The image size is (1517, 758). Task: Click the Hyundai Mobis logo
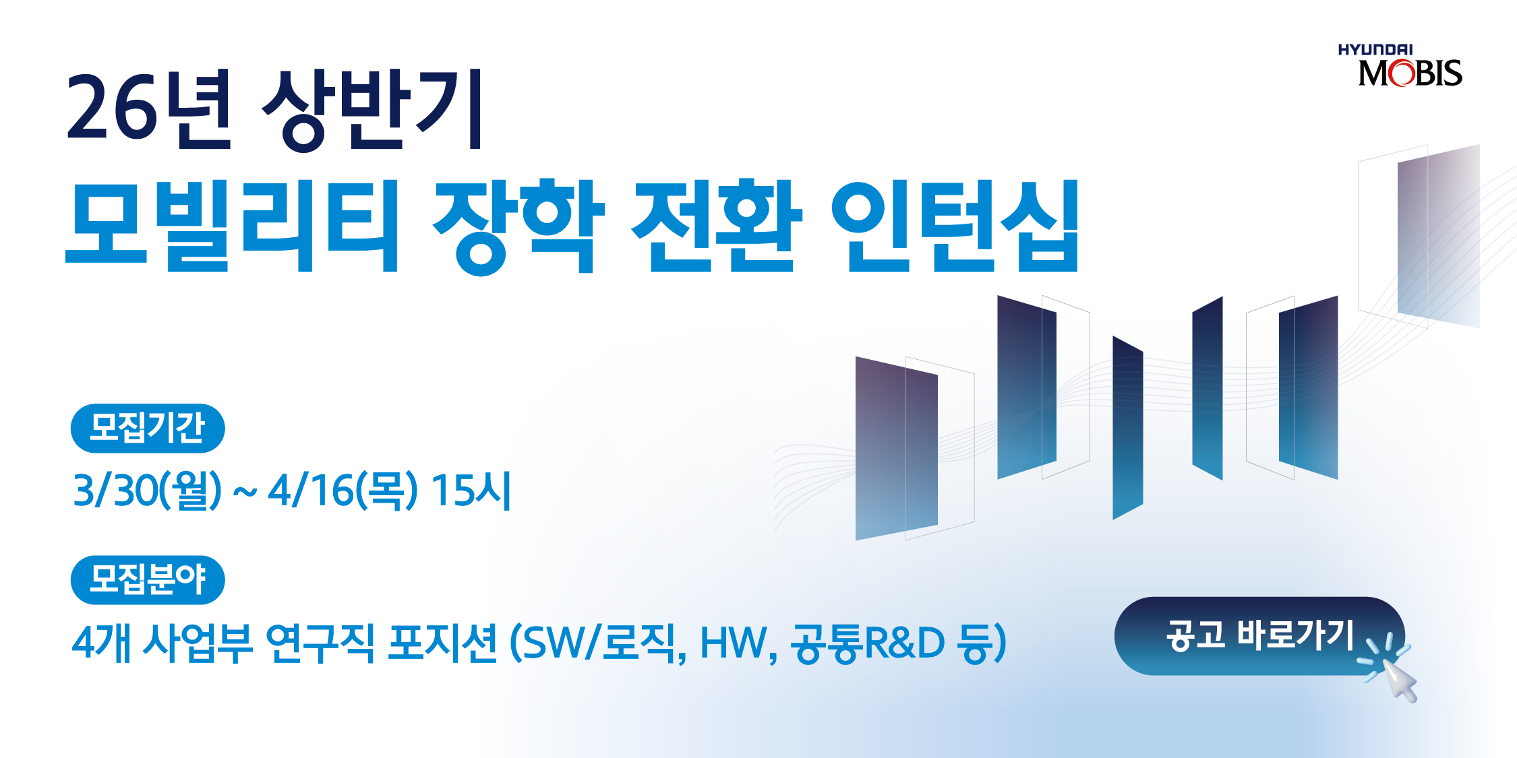pos(1400,65)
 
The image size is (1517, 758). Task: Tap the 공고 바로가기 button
pos(1259,635)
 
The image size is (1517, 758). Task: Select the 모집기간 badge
pos(148,428)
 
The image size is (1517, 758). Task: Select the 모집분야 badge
pos(148,580)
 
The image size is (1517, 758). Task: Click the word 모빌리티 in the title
pos(233,225)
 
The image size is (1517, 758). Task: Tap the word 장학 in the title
pos(518,226)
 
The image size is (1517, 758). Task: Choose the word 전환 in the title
pos(717,225)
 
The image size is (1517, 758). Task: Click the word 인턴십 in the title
pos(955,225)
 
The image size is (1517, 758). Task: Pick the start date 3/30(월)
pos(147,490)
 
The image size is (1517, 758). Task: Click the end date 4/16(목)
pos(343,490)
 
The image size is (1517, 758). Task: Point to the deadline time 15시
pos(471,489)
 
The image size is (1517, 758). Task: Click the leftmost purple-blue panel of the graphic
pos(896,448)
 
